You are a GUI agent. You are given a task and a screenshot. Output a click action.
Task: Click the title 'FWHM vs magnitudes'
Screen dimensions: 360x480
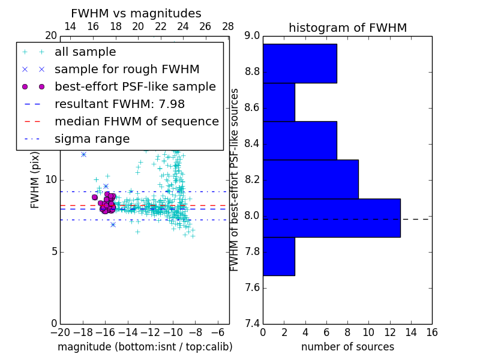[136, 13]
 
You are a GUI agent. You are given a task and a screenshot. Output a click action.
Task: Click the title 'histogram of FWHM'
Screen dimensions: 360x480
[347, 28]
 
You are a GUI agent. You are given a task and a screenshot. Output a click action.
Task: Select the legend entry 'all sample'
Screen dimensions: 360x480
[85, 52]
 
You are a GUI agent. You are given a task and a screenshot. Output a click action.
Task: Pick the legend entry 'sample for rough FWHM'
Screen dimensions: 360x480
[127, 70]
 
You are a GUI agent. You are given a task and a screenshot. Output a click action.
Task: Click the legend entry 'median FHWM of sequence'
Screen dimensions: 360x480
[136, 122]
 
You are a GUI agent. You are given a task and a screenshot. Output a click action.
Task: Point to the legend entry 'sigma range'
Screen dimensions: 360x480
[92, 139]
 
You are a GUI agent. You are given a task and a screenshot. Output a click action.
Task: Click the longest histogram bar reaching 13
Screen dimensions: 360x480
[331, 218]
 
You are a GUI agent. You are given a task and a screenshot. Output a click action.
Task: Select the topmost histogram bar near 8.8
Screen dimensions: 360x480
[299, 63]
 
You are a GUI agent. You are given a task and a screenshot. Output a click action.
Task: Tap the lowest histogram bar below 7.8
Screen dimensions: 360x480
[278, 256]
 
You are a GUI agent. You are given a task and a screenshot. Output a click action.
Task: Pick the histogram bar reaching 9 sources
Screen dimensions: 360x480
[310, 179]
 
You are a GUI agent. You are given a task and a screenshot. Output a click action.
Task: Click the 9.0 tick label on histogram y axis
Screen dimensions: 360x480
[253, 36]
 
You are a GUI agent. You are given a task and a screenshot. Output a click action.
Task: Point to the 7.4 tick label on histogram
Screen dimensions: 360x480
[253, 323]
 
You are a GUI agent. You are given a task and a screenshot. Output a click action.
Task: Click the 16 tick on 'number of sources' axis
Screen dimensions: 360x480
[431, 332]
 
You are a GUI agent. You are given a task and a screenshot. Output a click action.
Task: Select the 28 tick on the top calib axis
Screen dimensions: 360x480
[228, 26]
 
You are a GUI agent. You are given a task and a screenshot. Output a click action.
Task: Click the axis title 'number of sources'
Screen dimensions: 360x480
[347, 347]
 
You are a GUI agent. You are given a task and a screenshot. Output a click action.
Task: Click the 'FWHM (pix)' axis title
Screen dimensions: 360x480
[35, 179]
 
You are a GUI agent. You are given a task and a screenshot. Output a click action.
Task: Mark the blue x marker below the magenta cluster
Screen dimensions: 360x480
[113, 224]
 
